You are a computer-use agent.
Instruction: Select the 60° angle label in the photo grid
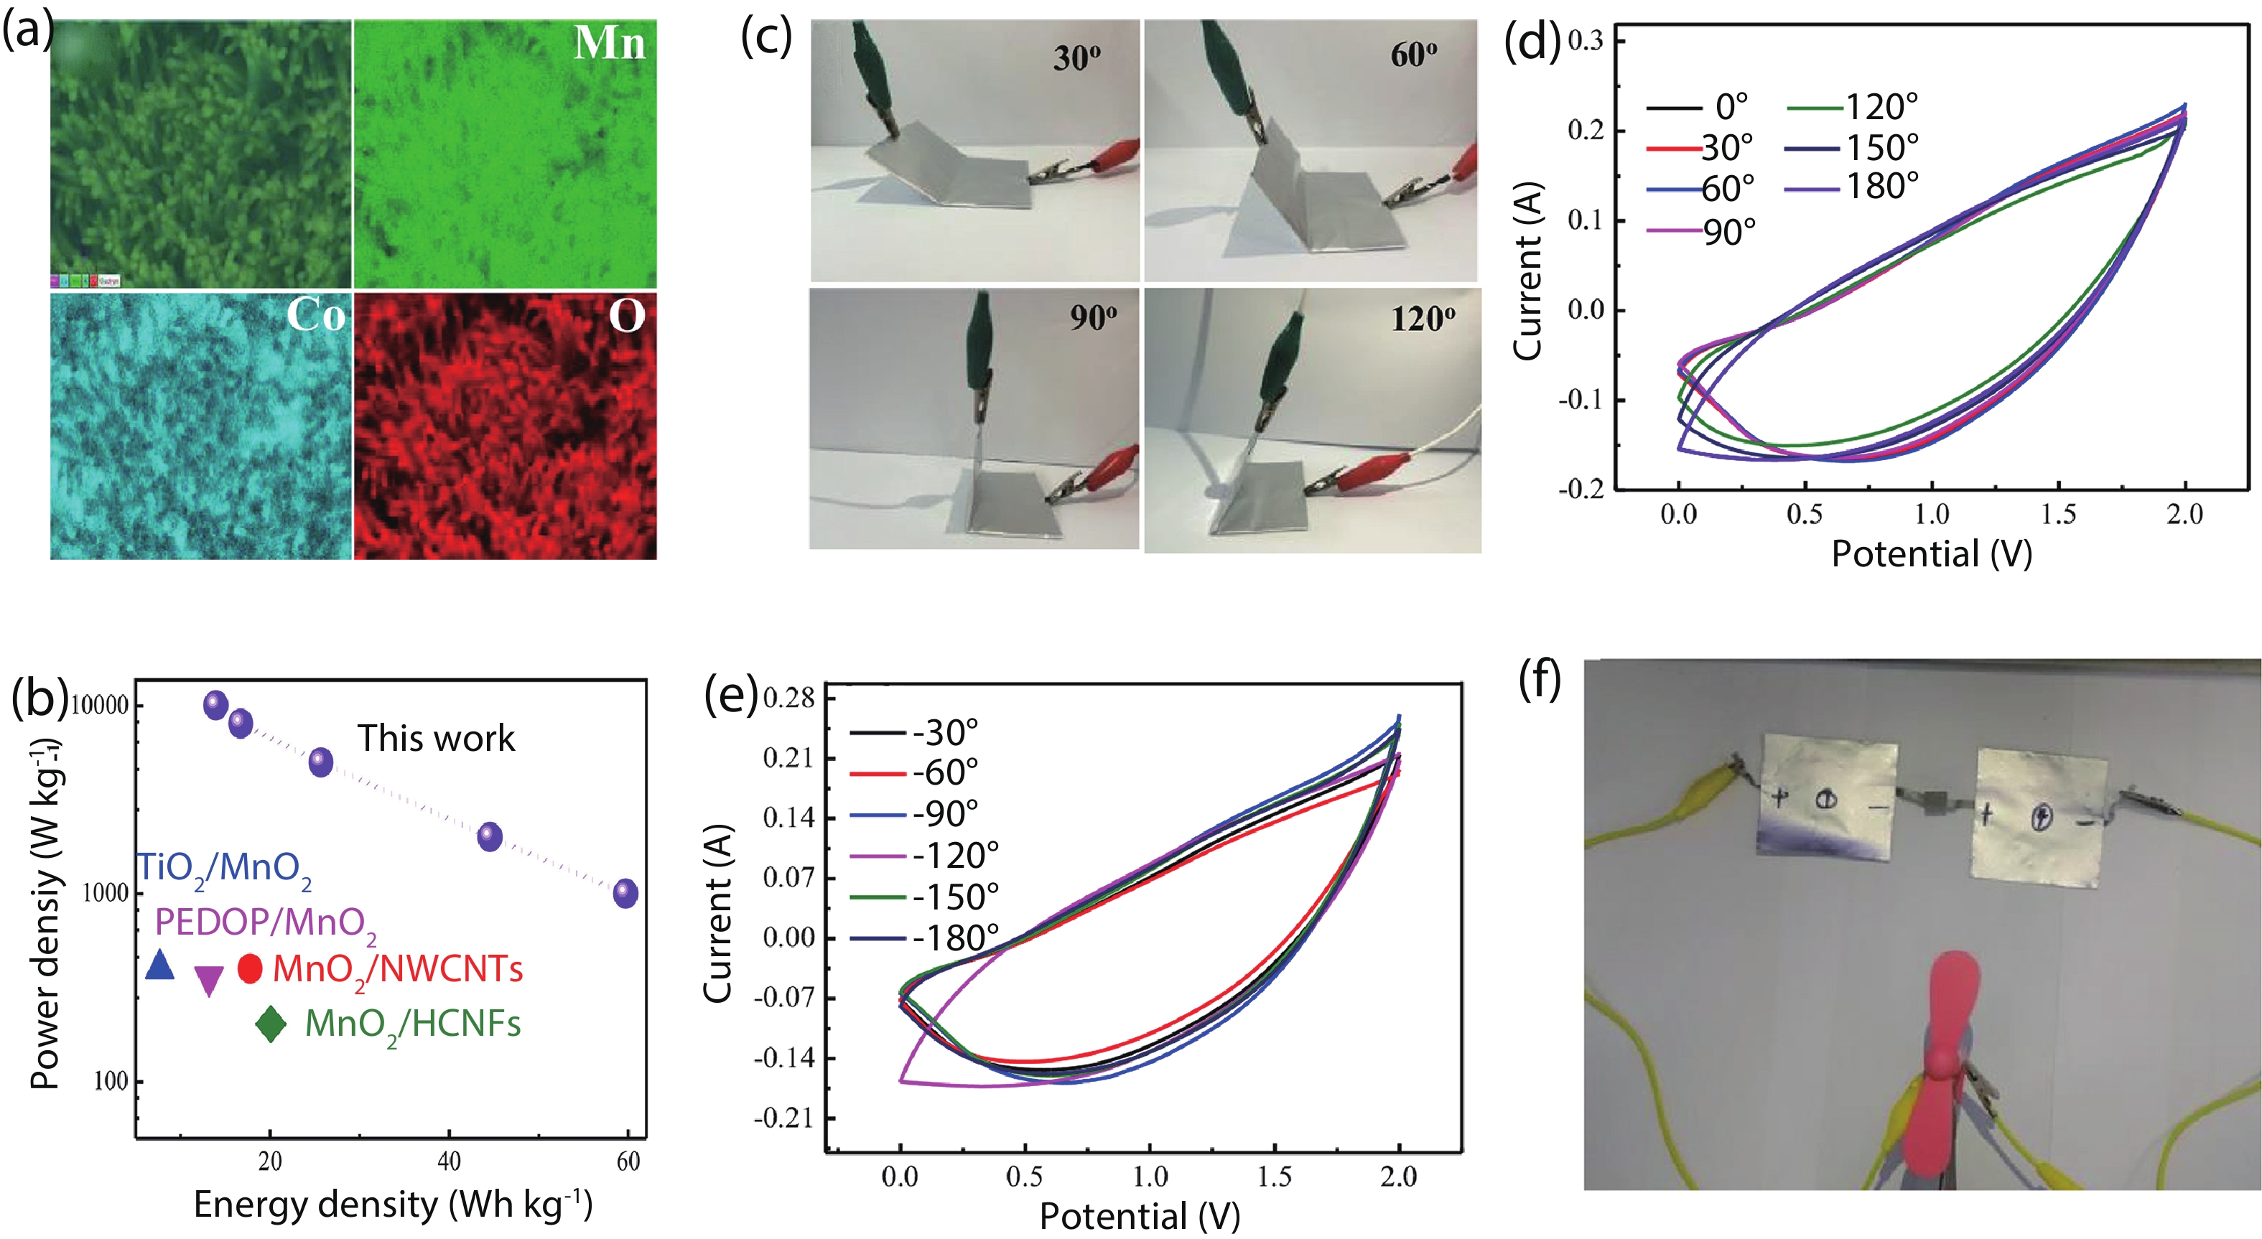[1414, 55]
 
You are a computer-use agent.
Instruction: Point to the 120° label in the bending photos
[1423, 318]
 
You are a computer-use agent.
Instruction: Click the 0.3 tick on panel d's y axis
[1585, 40]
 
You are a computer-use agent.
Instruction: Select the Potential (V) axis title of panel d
[1932, 554]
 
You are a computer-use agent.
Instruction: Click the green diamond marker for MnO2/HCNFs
[271, 1023]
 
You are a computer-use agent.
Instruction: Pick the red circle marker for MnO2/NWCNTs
[251, 968]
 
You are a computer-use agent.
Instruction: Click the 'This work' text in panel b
[436, 739]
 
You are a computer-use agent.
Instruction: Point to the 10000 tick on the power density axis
[98, 705]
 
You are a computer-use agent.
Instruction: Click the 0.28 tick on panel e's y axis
[788, 698]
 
